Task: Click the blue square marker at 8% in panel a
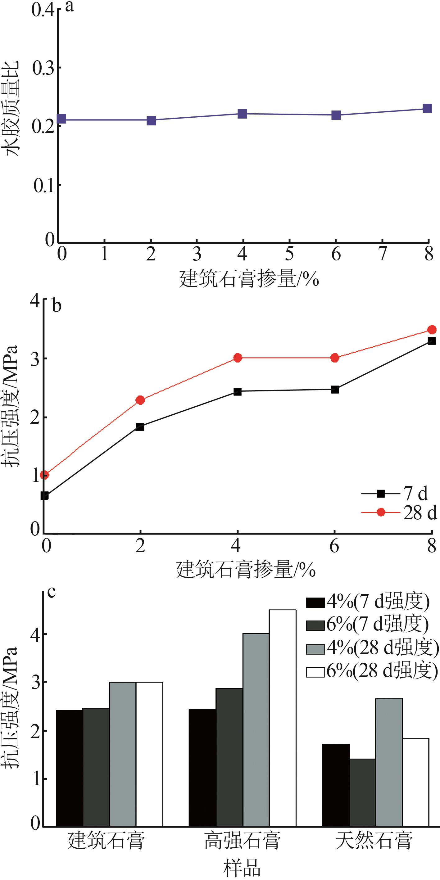click(427, 109)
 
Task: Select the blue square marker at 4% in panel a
click(242, 114)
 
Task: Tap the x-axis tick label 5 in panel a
click(289, 254)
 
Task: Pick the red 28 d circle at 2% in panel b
click(140, 400)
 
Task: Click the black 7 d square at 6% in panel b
click(335, 390)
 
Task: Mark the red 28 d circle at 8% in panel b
click(432, 330)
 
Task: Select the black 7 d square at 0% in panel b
click(44, 496)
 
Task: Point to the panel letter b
click(57, 306)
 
